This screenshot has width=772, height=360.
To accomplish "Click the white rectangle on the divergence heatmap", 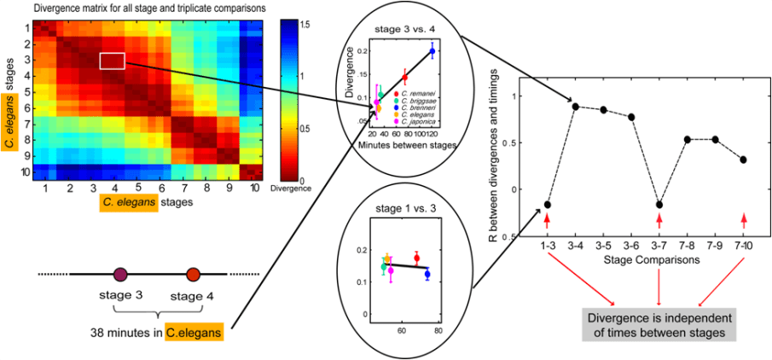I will [113, 61].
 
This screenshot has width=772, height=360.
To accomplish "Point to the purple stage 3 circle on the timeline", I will [120, 275].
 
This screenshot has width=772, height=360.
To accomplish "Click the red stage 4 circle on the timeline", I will [193, 275].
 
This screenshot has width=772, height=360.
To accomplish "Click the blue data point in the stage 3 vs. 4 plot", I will [432, 51].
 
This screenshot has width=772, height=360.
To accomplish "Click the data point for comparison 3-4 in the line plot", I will [576, 107].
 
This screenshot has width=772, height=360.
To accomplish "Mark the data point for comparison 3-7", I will [659, 205].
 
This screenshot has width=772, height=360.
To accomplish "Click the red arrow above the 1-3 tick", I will [547, 220].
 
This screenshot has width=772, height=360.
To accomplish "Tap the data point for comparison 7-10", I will [743, 160].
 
